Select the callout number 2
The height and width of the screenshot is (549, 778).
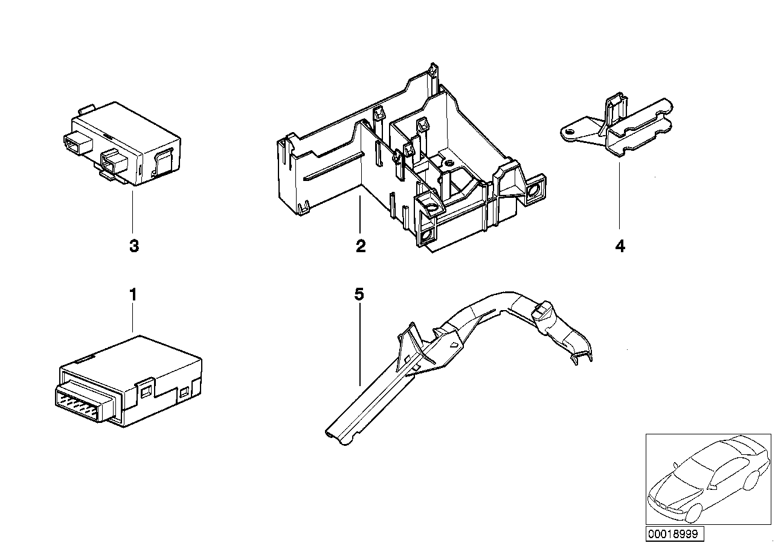[361, 246]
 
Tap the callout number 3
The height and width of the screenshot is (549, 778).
[133, 246]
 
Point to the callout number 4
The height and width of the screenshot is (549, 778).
[620, 246]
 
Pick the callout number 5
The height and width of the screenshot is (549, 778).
[359, 295]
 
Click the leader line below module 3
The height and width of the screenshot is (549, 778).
[132, 211]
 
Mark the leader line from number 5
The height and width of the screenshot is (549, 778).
[360, 344]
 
